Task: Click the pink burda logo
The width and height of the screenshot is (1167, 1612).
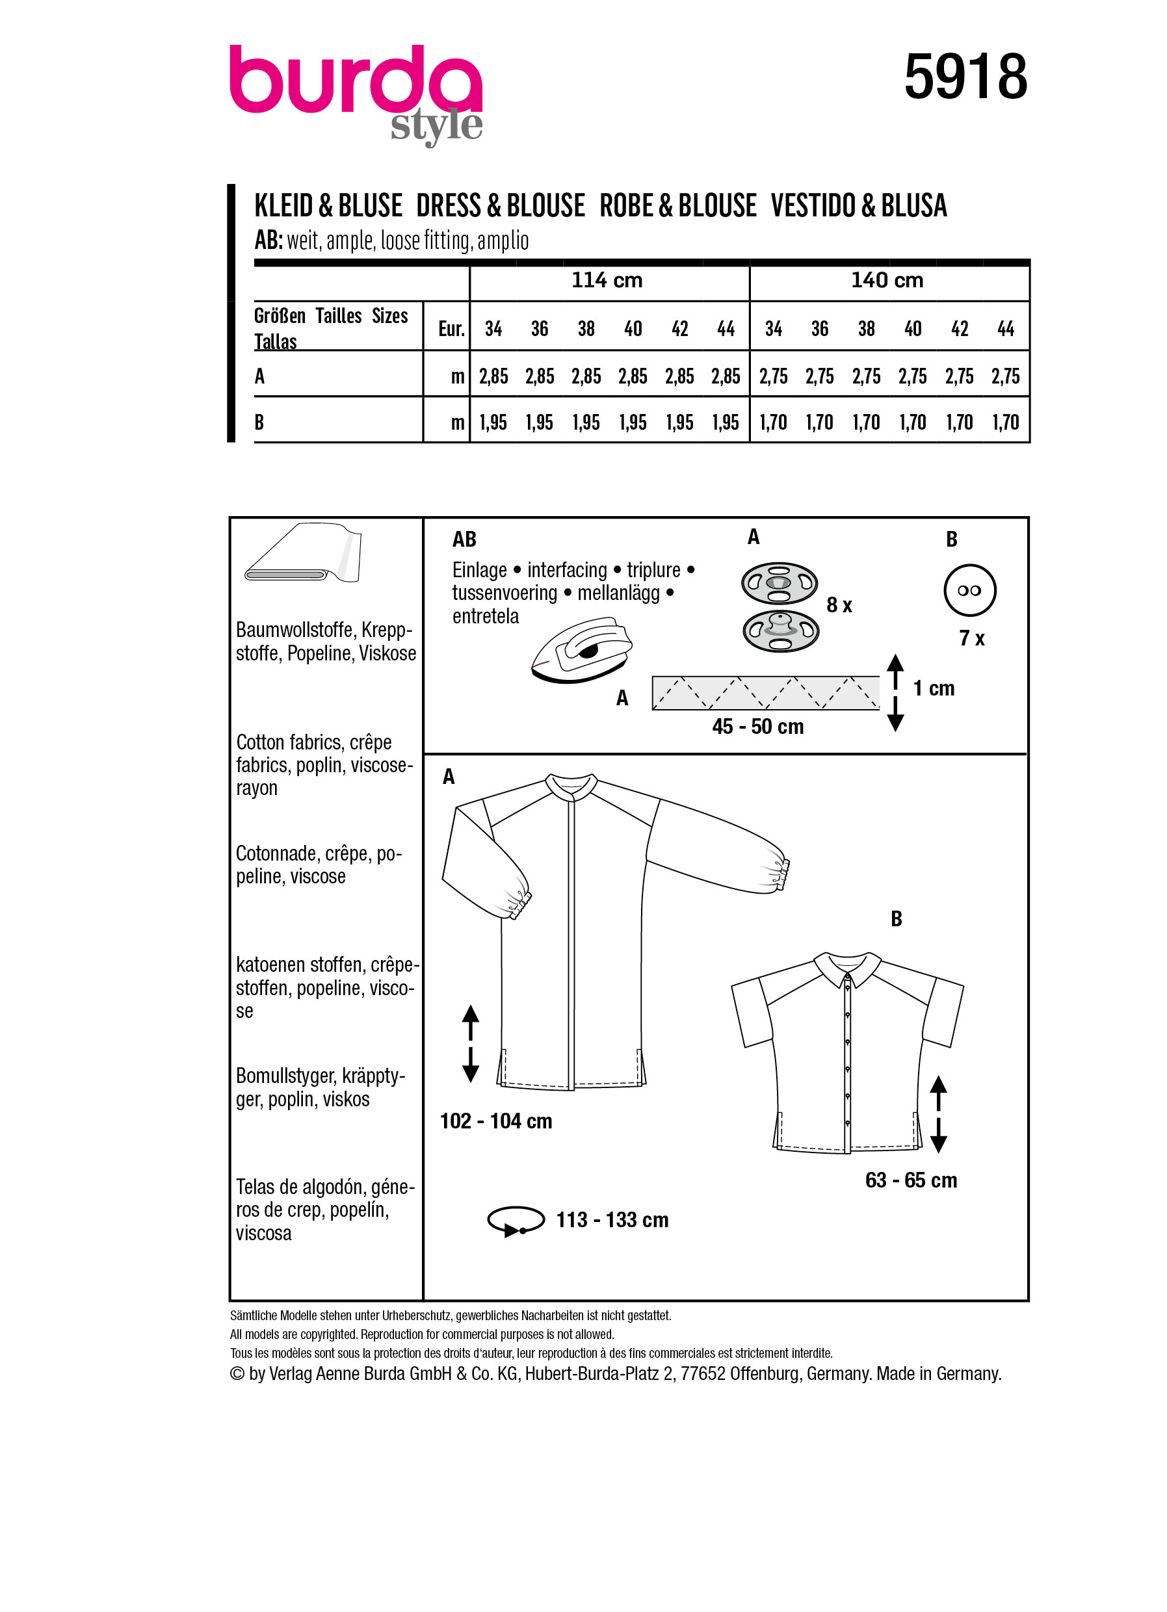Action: [x=356, y=82]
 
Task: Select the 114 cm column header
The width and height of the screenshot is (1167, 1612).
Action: [x=607, y=281]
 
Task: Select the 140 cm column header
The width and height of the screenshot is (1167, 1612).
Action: [x=887, y=281]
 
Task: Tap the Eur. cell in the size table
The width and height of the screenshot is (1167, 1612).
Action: [x=451, y=328]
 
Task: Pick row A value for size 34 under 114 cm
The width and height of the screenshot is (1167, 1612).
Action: [x=493, y=376]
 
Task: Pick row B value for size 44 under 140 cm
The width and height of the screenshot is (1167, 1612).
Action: [x=1005, y=423]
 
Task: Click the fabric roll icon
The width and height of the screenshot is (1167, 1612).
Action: [x=303, y=554]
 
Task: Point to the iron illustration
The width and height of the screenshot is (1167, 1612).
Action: [x=581, y=651]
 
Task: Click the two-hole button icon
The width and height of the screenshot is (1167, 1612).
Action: [x=969, y=591]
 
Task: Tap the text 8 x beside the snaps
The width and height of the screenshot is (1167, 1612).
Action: [x=839, y=605]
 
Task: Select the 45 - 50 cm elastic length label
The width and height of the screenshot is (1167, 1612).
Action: [x=757, y=727]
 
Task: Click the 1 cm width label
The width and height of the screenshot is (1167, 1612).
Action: [x=933, y=688]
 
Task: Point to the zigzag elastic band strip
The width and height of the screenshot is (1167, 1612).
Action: [x=765, y=693]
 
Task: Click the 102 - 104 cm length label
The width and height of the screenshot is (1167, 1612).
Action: [x=495, y=1121]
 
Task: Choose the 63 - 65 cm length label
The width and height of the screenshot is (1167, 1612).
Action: [x=910, y=1180]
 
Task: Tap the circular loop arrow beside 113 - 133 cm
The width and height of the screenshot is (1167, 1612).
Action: [x=516, y=1219]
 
